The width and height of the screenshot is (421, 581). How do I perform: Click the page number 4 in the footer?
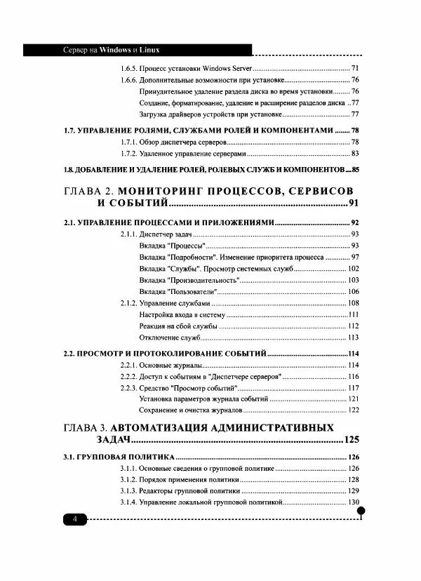point(74,519)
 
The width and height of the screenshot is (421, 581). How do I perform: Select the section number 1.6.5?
point(128,69)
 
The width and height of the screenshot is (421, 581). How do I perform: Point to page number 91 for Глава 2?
point(353,203)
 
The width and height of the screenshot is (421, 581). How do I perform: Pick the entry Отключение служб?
point(171,337)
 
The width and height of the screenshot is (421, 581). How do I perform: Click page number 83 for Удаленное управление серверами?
point(355,154)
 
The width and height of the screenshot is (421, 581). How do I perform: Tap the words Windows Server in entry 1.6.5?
point(228,69)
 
